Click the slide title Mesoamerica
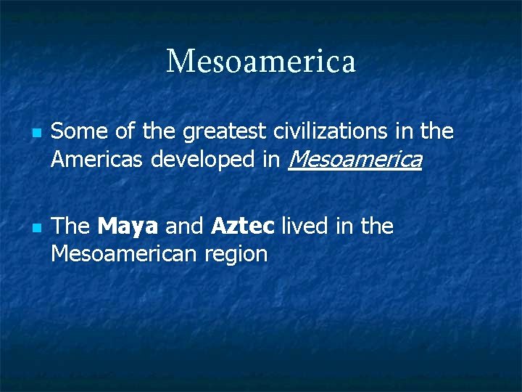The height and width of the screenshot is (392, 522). (x=261, y=62)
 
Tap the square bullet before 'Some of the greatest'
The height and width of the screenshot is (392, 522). (x=36, y=134)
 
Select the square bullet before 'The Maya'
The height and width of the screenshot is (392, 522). (x=36, y=228)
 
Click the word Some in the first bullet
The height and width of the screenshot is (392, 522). (x=74, y=131)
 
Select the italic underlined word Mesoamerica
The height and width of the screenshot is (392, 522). (x=355, y=159)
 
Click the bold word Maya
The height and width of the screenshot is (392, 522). (x=128, y=227)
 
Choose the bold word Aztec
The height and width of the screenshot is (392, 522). (x=242, y=226)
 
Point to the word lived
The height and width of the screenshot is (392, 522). (x=305, y=226)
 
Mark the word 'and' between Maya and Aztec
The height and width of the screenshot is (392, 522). (x=184, y=226)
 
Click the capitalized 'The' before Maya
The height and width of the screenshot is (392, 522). (x=70, y=226)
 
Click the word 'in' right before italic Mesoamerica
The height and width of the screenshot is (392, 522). (x=271, y=159)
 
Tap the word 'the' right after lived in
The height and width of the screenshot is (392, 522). (x=377, y=226)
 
